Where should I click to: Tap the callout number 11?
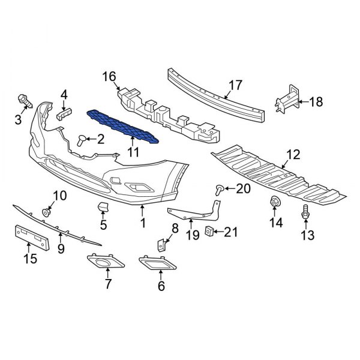click(x=133, y=154)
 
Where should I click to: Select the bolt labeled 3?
click(x=24, y=100)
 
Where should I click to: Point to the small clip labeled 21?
click(x=209, y=232)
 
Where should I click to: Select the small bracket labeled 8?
click(x=161, y=245)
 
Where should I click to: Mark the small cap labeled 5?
click(x=101, y=208)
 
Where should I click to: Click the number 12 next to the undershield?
click(x=292, y=155)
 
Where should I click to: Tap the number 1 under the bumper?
click(x=143, y=223)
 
